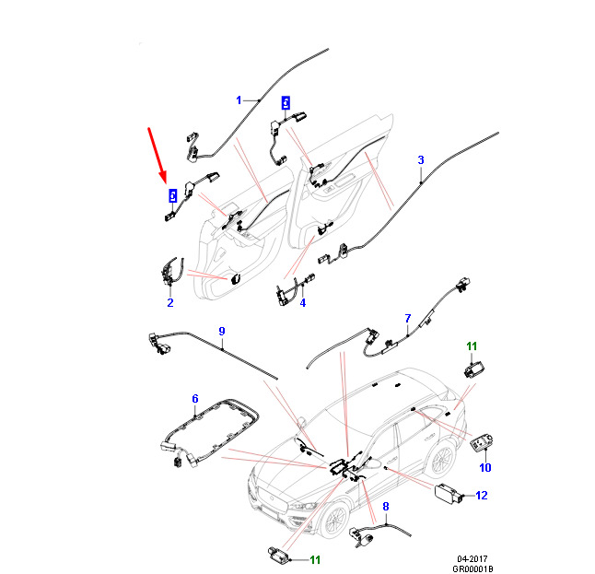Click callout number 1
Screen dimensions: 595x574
pyautogui.click(x=239, y=100)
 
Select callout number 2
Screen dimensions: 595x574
pyautogui.click(x=170, y=302)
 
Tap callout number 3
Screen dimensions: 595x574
pyautogui.click(x=421, y=159)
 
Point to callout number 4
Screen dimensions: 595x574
pyautogui.click(x=303, y=302)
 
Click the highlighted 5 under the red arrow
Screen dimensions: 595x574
pyautogui.click(x=172, y=196)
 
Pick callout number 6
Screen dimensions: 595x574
pyautogui.click(x=195, y=399)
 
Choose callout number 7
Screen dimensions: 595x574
pyautogui.click(x=408, y=318)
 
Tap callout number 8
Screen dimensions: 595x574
pyautogui.click(x=386, y=506)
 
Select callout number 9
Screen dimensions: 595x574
pyautogui.click(x=222, y=331)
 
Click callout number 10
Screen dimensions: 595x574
pyautogui.click(x=485, y=467)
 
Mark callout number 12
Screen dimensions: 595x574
pyautogui.click(x=482, y=495)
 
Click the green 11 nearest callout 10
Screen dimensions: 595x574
pyautogui.click(x=472, y=346)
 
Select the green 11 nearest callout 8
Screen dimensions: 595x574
pyautogui.click(x=315, y=559)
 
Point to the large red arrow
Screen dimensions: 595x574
pyautogui.click(x=157, y=156)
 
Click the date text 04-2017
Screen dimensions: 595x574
pyautogui.click(x=472, y=558)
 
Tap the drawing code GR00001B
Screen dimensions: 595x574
pyautogui.click(x=472, y=568)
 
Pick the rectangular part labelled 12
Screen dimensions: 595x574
pyautogui.click(x=448, y=494)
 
